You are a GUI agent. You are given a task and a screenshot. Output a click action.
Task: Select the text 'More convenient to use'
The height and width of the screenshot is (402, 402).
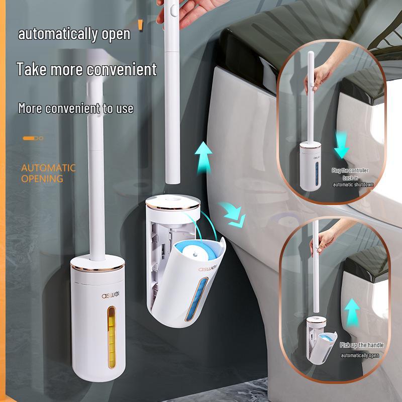[x=76, y=108]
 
